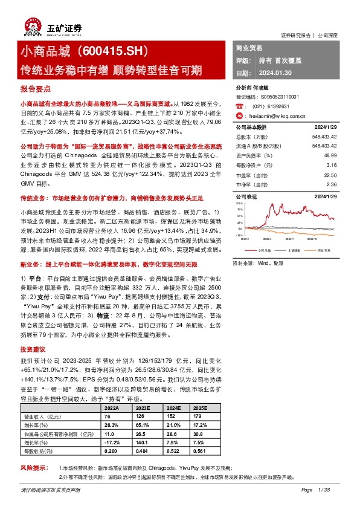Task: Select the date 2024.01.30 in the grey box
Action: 278,73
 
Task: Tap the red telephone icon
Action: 239,105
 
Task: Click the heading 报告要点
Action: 33,88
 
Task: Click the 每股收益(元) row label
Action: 37,451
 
